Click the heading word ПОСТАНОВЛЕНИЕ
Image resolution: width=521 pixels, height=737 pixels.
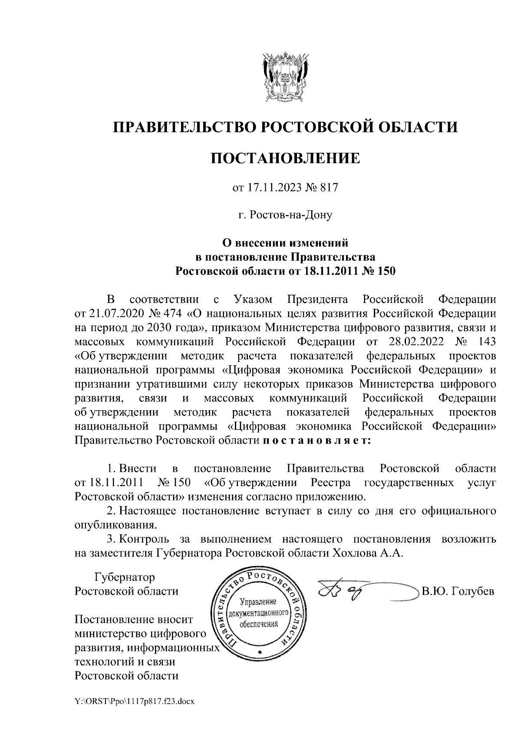click(x=285, y=158)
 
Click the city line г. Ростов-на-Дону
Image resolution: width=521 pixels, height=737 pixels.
click(x=285, y=215)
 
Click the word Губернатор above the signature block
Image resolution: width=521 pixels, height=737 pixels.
click(x=125, y=578)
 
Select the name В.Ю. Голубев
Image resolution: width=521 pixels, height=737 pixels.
click(x=458, y=591)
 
